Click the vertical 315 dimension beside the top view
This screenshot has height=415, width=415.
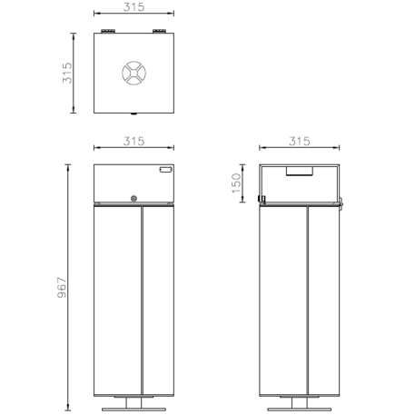pos(66,74)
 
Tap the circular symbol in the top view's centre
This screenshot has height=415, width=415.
pos(133,74)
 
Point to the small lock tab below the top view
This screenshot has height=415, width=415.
pos(134,115)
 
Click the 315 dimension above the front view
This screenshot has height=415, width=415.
pos(133,142)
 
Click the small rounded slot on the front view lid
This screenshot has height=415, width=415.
pos(164,170)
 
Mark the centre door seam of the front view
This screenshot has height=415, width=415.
pos(142,300)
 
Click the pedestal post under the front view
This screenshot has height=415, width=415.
pos(134,402)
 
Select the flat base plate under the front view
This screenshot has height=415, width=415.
pos(134,410)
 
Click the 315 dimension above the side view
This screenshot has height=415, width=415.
pos(299,142)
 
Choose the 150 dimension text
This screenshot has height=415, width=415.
pos(236,183)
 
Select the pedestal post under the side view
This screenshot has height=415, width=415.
pos(299,402)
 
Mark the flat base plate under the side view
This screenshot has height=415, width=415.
pos(299,410)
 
